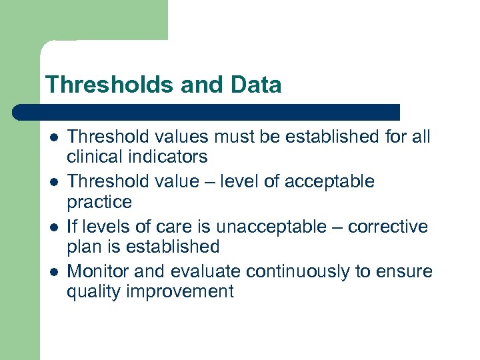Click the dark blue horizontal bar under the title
(x=207, y=111)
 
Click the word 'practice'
(x=99, y=202)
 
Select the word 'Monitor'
(x=99, y=272)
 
